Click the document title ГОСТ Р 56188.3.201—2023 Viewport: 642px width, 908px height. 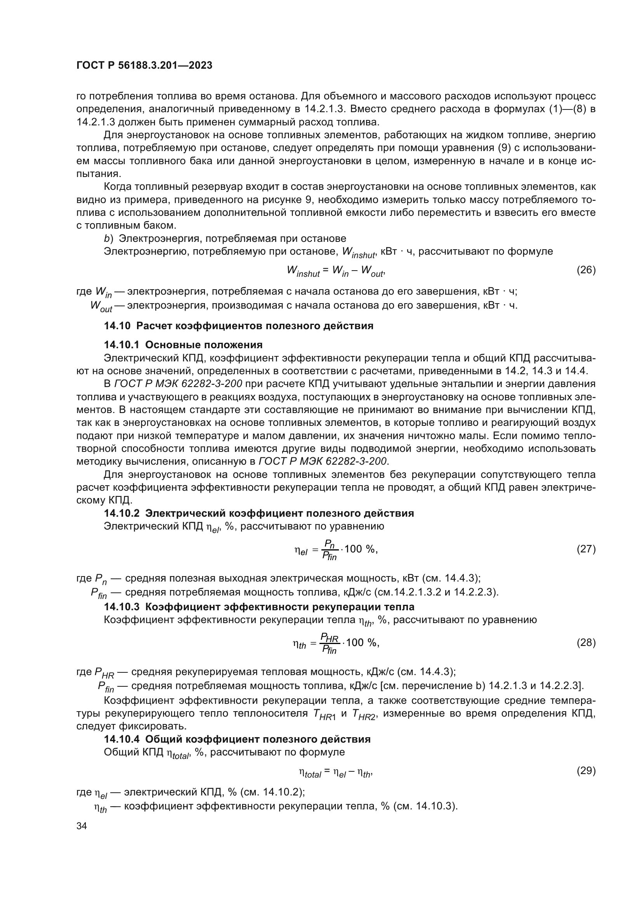[x=144, y=66]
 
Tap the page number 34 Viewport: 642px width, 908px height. [x=82, y=826]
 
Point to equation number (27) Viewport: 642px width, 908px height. [x=586, y=549]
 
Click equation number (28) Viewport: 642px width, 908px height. [x=586, y=642]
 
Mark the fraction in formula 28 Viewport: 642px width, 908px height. [x=330, y=643]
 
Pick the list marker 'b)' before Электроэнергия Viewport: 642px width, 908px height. [x=108, y=238]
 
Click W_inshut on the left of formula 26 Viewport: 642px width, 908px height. [x=303, y=271]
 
